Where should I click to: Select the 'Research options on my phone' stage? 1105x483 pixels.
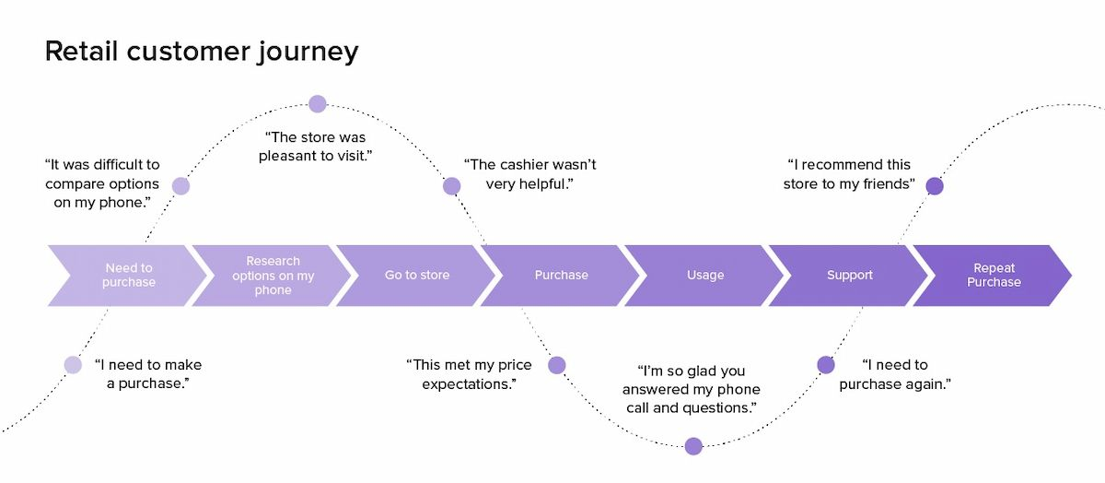tap(272, 276)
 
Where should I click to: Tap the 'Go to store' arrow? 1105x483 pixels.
tap(416, 276)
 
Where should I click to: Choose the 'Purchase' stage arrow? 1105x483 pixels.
tap(561, 276)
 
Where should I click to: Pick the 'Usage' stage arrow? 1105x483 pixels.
tap(704, 276)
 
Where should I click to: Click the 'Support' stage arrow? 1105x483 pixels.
tap(849, 276)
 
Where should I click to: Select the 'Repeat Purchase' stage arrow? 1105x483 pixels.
tap(993, 276)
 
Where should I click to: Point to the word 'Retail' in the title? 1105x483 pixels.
tap(83, 51)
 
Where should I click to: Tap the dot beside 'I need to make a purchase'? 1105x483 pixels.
tap(73, 365)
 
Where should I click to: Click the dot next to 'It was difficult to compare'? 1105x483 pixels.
tap(180, 186)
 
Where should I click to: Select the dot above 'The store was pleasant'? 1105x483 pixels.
tap(318, 103)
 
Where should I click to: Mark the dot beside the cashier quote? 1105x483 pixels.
tap(451, 186)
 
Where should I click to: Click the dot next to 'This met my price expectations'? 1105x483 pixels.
tap(557, 365)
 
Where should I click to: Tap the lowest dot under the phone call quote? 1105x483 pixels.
tap(693, 446)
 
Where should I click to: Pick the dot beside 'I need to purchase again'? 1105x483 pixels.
tap(826, 365)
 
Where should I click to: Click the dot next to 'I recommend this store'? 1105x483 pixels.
tap(934, 186)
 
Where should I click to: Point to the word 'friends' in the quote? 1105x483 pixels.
tap(887, 184)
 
